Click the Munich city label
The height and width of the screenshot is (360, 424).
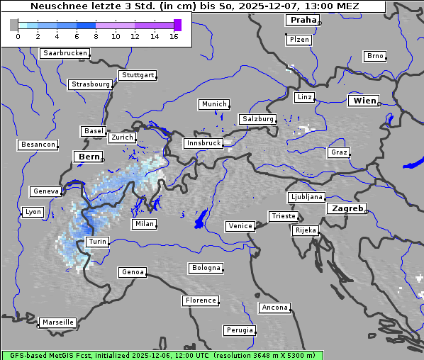[214, 104]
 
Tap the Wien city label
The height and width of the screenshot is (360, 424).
[364, 101]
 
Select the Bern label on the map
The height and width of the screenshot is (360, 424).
[89, 156]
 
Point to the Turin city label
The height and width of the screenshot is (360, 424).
[97, 242]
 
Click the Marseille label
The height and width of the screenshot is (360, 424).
[57, 322]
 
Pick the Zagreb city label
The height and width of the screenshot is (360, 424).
[347, 209]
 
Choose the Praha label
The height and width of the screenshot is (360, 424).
[303, 20]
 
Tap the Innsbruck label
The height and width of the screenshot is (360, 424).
[203, 143]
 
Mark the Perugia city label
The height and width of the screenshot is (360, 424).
[240, 330]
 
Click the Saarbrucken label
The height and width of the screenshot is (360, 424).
[65, 53]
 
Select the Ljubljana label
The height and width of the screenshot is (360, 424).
[306, 197]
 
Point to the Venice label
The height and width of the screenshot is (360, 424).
[240, 226]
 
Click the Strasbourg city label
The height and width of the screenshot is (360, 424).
[90, 84]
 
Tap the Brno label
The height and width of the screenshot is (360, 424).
[375, 56]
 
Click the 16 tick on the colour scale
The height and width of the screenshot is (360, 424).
[174, 36]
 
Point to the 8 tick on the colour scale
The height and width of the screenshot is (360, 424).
[96, 36]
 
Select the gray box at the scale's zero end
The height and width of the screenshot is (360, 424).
[14, 25]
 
